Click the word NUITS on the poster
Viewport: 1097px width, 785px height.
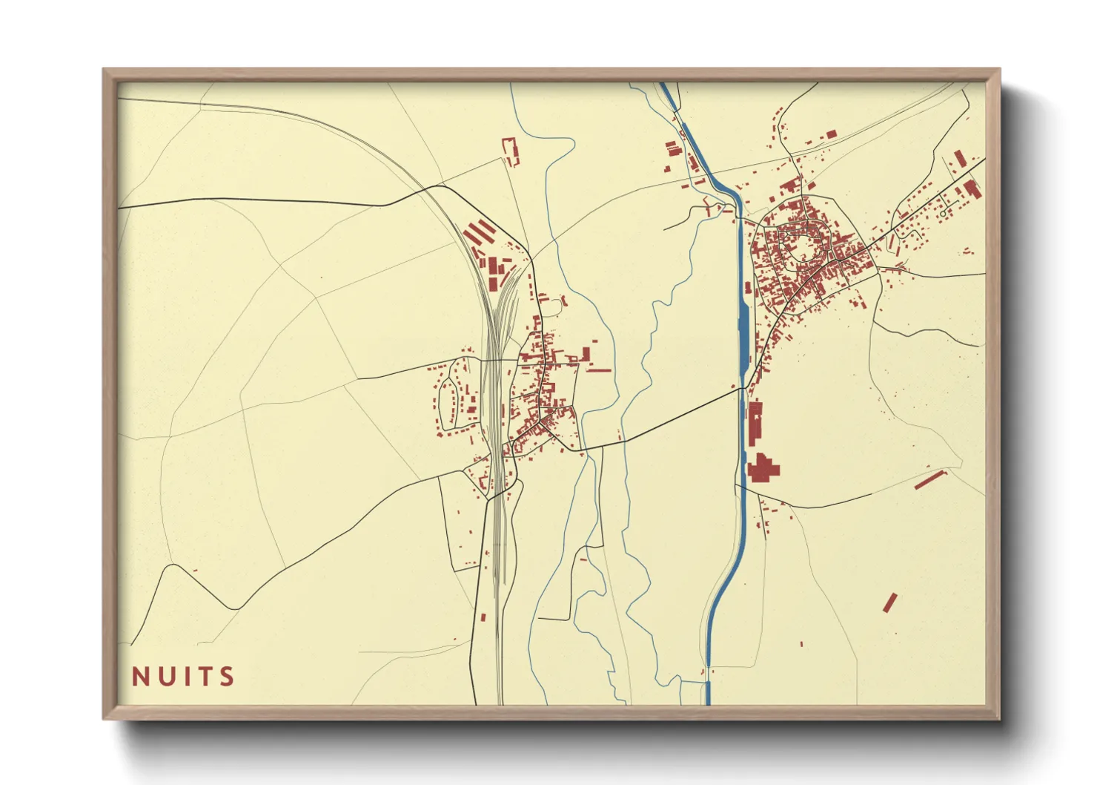[x=183, y=677]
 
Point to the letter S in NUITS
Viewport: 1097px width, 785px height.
[x=227, y=677]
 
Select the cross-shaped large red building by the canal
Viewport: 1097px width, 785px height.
[x=763, y=469]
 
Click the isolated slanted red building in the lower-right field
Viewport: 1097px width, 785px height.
[x=889, y=602]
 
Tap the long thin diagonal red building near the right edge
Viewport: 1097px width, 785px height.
[x=930, y=479]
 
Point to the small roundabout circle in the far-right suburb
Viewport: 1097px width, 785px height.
[x=942, y=214]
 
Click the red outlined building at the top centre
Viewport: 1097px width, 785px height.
[x=510, y=151]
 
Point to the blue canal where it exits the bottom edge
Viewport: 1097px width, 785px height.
[x=708, y=697]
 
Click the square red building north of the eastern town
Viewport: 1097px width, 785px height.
[x=831, y=134]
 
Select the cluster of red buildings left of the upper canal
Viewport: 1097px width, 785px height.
[x=673, y=148]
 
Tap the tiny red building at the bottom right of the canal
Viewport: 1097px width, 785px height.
[x=801, y=643]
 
